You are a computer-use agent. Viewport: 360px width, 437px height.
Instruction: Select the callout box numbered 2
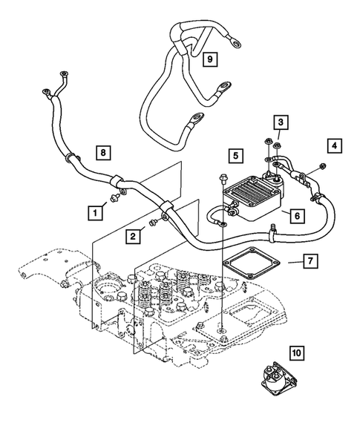(x=132, y=237)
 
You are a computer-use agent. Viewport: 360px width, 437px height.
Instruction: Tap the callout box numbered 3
(x=280, y=122)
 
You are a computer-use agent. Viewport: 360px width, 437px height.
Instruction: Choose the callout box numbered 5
(x=235, y=156)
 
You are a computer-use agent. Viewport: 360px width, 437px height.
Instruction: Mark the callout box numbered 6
(x=295, y=216)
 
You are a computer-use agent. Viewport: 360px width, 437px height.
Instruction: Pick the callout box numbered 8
(x=105, y=154)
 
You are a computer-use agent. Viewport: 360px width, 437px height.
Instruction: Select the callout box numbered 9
(x=209, y=58)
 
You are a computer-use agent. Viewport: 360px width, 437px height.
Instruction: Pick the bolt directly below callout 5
(x=223, y=177)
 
